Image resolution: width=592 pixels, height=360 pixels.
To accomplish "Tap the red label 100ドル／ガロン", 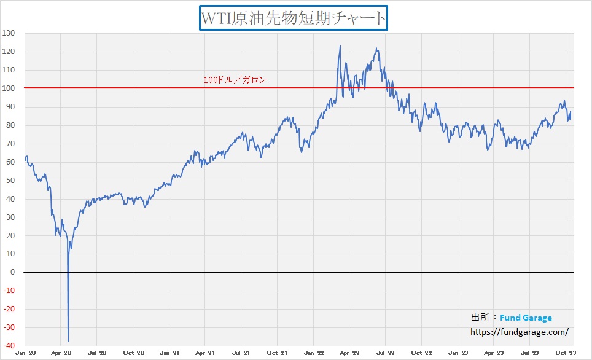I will click(x=235, y=80).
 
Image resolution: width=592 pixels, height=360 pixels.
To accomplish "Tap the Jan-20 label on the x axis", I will click(x=25, y=353).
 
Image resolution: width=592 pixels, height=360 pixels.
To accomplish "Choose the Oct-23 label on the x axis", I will click(x=566, y=353).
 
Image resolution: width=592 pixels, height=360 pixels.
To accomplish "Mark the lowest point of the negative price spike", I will click(x=68, y=342).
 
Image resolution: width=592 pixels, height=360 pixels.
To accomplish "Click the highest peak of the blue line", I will click(x=340, y=45).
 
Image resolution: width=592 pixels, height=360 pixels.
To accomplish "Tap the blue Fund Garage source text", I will click(x=526, y=318).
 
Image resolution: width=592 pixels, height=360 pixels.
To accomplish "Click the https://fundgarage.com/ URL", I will click(x=520, y=332).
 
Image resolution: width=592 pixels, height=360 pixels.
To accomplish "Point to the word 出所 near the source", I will click(x=480, y=318).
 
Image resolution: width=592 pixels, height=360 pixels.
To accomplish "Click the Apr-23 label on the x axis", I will click(x=494, y=353).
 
